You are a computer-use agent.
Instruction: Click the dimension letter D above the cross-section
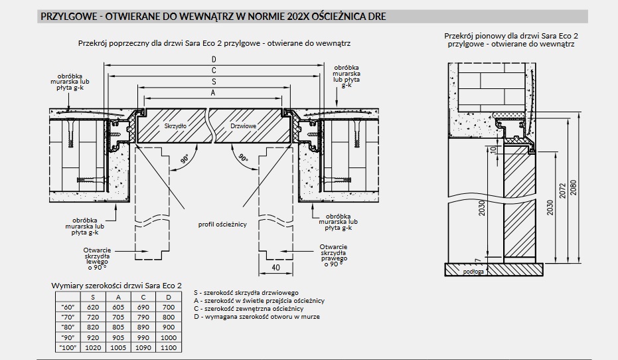click(x=214, y=60)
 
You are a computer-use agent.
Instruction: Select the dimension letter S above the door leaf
click(x=214, y=82)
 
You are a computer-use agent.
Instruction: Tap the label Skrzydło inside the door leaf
click(x=175, y=126)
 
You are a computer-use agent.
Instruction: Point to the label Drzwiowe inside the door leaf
click(x=244, y=126)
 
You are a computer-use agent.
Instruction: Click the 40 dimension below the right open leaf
click(x=276, y=267)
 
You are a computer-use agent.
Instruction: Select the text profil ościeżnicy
click(x=222, y=225)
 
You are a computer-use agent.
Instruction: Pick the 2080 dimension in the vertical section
click(x=573, y=189)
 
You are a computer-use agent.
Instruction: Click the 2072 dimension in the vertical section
click(x=562, y=191)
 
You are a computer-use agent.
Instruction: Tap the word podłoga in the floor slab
click(x=473, y=272)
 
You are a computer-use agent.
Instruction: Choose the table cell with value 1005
click(x=118, y=347)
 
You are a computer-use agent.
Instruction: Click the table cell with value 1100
click(x=169, y=347)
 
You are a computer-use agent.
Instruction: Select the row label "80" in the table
click(x=68, y=327)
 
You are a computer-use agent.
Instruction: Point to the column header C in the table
click(x=143, y=298)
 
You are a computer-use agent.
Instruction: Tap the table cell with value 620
click(x=93, y=307)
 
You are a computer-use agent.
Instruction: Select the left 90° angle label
click(x=185, y=159)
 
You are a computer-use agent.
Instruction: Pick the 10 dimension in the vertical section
click(x=493, y=150)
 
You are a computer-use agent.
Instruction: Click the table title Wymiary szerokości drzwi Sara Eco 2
click(x=117, y=286)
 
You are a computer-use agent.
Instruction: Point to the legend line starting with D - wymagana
click(x=257, y=317)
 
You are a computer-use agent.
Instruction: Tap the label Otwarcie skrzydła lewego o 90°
click(x=97, y=258)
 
